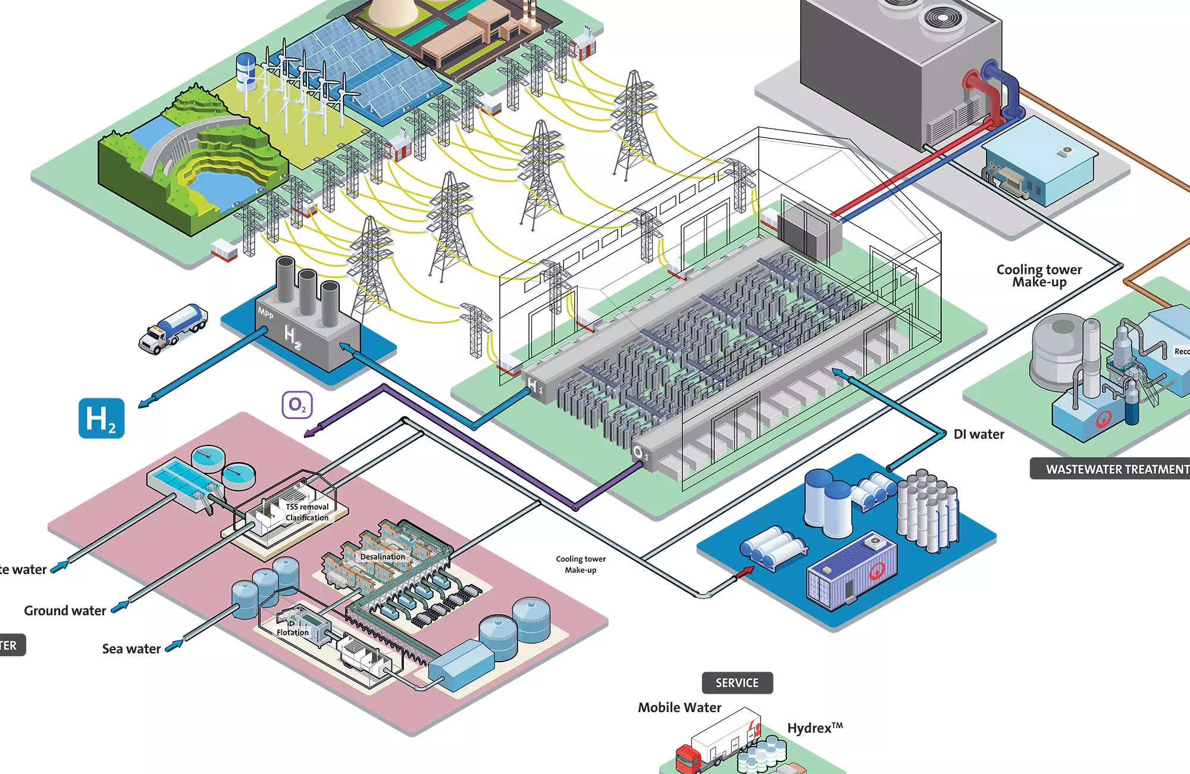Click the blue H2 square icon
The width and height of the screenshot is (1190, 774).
coord(101,419)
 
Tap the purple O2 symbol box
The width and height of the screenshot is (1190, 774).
coord(297,405)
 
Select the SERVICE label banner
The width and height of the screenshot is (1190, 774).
coord(737,683)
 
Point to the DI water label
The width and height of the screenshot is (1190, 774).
coord(979,435)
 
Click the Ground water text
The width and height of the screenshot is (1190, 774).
coord(65,611)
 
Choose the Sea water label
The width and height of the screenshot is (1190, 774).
coord(131,649)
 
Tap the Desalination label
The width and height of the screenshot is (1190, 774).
coord(383,557)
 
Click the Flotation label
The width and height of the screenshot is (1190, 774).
coord(293,632)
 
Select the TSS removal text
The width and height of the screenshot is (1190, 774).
coord(307,507)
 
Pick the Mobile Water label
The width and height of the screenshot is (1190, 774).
coord(679,707)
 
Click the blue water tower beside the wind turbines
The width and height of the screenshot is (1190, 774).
coord(246,70)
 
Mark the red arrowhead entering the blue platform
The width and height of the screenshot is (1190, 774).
coord(746,572)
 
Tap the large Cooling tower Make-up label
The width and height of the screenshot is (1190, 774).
coord(1039,276)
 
